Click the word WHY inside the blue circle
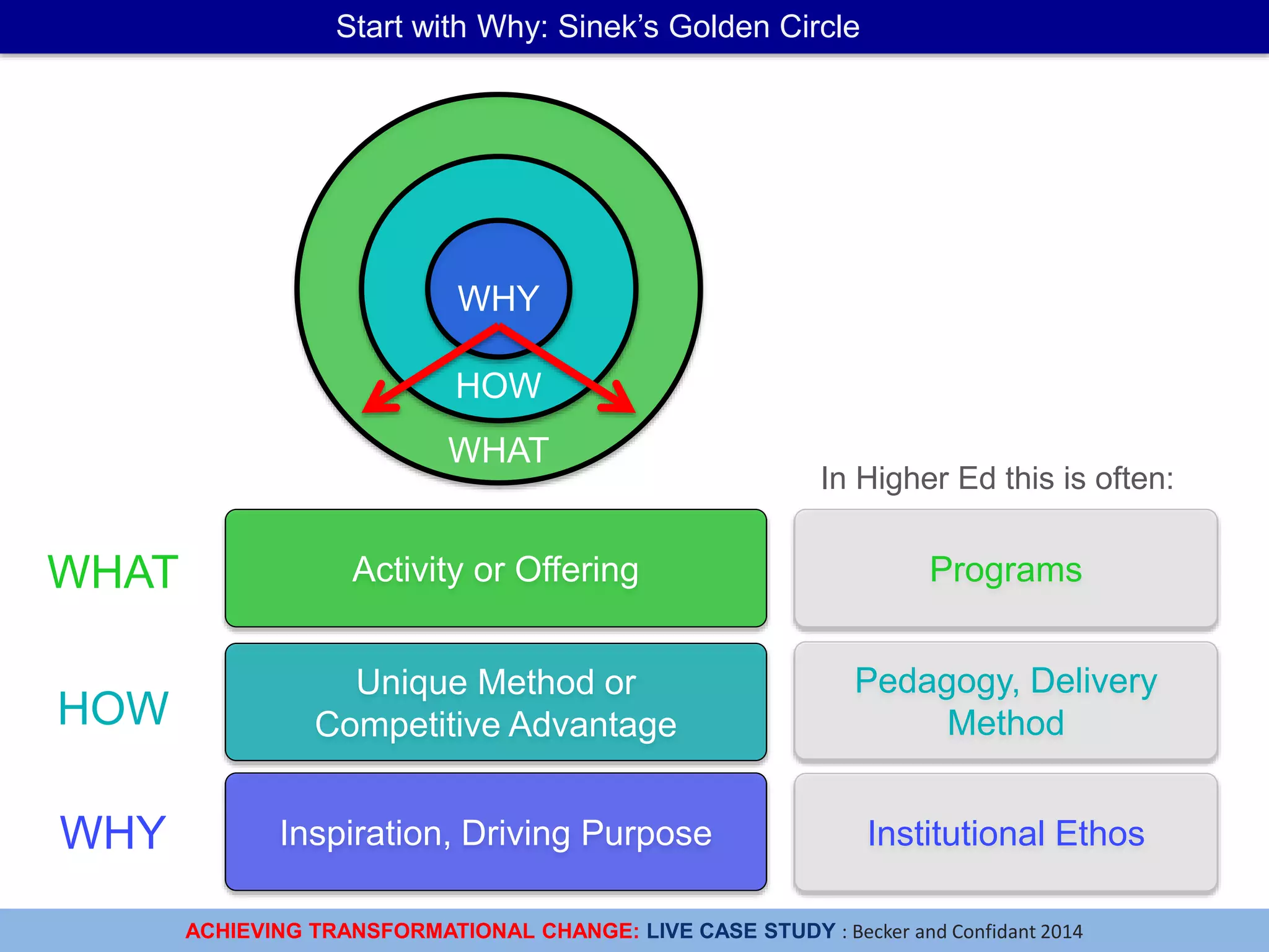(x=498, y=298)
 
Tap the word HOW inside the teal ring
(x=498, y=386)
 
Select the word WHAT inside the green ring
(x=498, y=450)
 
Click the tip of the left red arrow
(x=365, y=411)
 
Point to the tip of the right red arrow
(x=633, y=411)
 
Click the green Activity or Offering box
(x=496, y=568)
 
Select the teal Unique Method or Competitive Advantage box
(x=496, y=702)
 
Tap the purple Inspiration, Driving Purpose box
(x=496, y=832)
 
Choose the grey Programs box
(x=1006, y=568)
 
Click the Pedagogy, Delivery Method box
(x=1006, y=701)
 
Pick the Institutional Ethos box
(x=1006, y=832)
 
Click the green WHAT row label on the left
(x=113, y=571)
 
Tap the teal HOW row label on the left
(x=113, y=708)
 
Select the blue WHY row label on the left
(x=113, y=832)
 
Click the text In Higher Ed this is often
(x=997, y=478)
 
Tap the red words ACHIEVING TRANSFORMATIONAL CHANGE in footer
(x=412, y=931)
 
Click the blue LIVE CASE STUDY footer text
(x=741, y=931)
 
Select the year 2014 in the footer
(x=1061, y=932)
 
